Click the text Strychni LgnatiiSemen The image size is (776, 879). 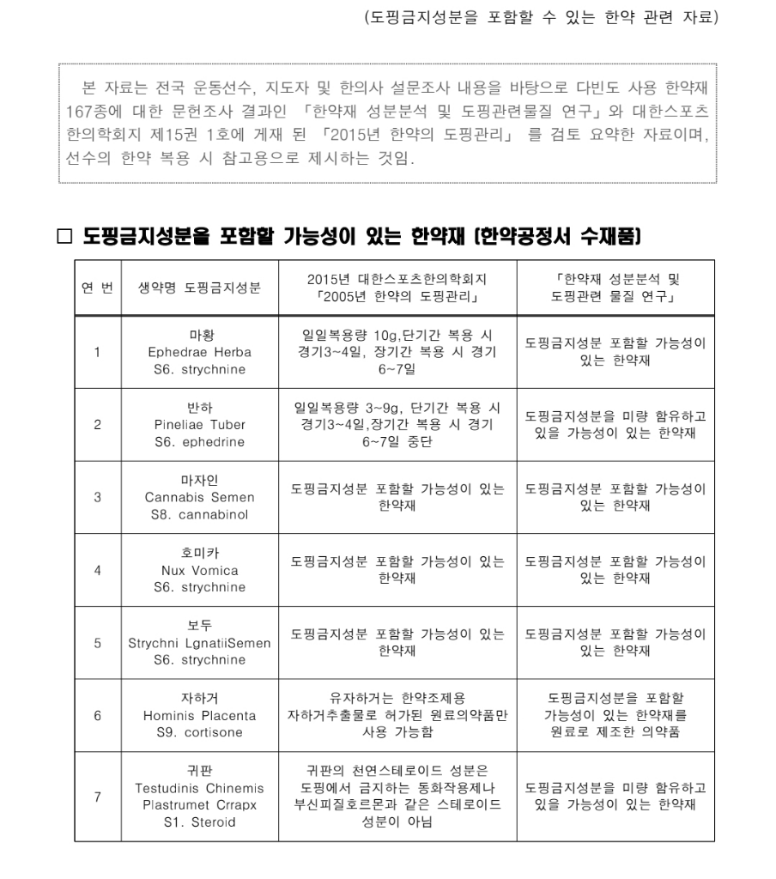point(199,643)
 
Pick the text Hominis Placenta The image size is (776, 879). point(199,715)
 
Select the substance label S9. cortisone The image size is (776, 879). point(199,732)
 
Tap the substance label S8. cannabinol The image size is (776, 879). point(199,514)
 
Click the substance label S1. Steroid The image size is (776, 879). point(199,821)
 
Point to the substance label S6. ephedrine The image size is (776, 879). point(199,442)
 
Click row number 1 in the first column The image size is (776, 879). point(97,352)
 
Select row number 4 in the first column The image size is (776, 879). point(97,570)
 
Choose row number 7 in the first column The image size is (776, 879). point(97,797)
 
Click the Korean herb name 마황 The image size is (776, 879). point(199,335)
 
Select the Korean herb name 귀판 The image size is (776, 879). point(199,771)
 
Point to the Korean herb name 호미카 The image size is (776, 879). point(199,553)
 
